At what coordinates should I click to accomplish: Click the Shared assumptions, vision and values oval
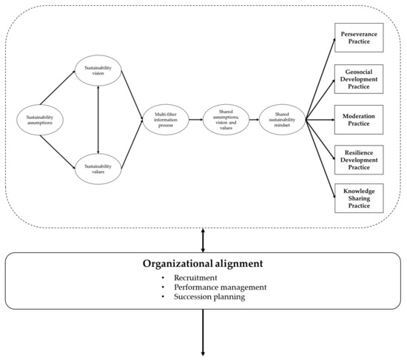(226, 120)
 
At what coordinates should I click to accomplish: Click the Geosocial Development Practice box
(358, 80)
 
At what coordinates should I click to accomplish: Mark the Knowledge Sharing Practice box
(358, 197)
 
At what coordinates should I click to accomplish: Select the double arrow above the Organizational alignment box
(203, 240)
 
